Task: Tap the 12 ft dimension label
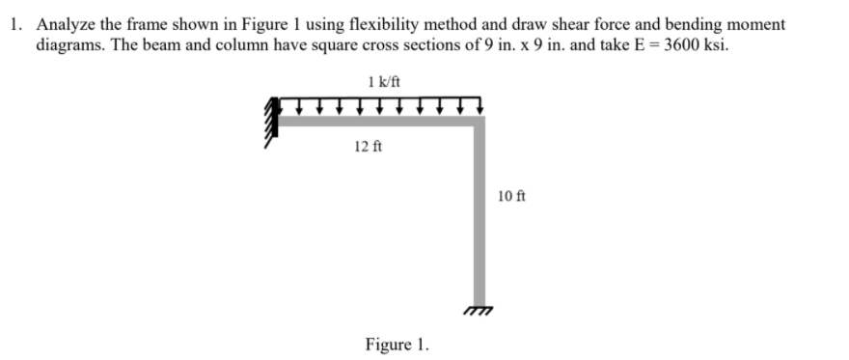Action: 368,147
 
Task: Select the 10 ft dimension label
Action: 512,196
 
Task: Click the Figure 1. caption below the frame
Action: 397,344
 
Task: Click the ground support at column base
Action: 478,306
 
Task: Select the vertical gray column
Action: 479,212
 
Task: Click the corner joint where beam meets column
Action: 479,123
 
